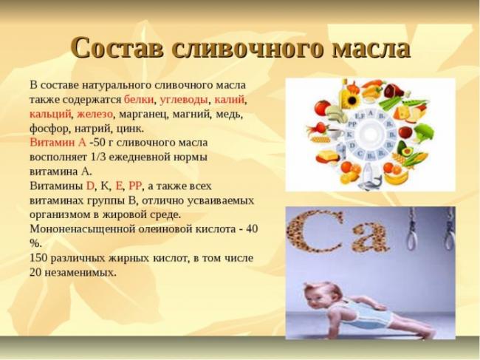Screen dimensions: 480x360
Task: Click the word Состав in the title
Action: coord(117,48)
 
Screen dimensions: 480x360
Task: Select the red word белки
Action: coord(139,100)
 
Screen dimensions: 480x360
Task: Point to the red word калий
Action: coord(230,100)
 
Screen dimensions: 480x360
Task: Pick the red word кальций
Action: coord(50,115)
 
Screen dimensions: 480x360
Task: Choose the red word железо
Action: coord(95,115)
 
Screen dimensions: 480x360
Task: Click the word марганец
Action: coord(143,115)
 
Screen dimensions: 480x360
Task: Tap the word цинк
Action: coord(130,129)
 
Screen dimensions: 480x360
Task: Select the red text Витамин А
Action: coord(58,143)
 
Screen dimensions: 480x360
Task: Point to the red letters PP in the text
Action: coord(135,186)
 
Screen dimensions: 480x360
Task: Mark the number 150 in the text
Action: coord(38,258)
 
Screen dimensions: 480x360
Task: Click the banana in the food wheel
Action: coord(397,177)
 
